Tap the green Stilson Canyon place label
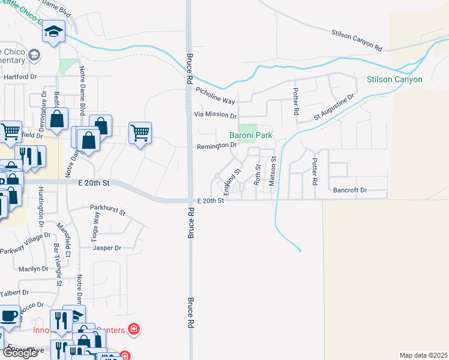point(394,79)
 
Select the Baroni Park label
point(251,136)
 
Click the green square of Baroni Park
point(248,128)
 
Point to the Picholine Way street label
point(215,91)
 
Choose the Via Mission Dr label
point(215,115)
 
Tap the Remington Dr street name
point(217,145)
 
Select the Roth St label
point(257,175)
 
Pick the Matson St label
point(273,171)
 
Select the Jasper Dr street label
point(106,247)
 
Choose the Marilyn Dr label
point(33,269)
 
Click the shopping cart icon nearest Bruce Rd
point(140,133)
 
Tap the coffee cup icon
point(8,316)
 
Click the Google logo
point(20,353)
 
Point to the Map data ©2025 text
point(423,355)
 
